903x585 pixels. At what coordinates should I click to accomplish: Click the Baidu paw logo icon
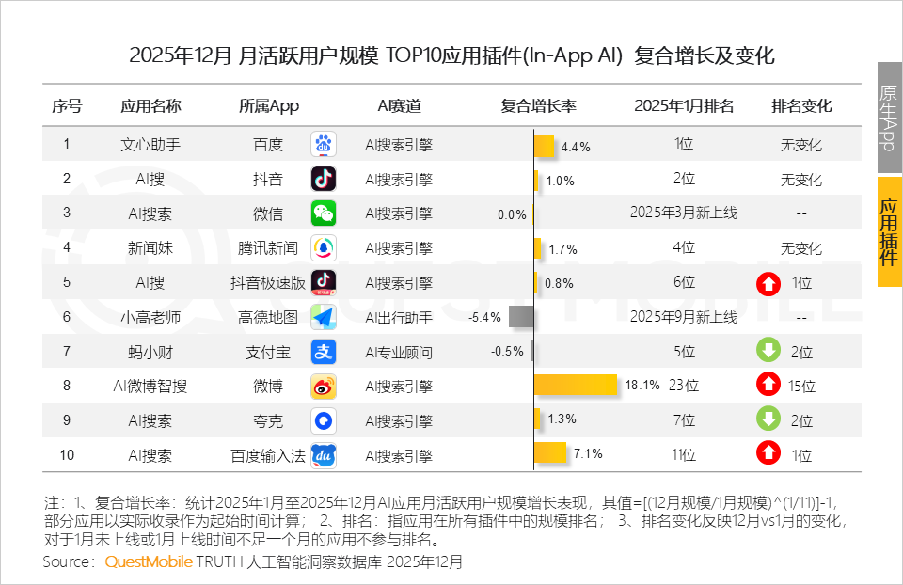click(324, 145)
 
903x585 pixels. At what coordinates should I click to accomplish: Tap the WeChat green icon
click(324, 213)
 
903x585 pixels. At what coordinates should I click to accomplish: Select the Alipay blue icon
click(324, 352)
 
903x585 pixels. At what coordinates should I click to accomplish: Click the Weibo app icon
click(324, 386)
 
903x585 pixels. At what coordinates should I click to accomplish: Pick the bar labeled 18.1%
click(575, 385)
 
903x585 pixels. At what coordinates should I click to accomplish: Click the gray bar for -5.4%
click(521, 317)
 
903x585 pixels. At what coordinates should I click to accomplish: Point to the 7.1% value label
click(588, 454)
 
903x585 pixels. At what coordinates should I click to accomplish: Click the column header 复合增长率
click(538, 106)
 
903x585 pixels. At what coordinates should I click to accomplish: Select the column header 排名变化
click(801, 106)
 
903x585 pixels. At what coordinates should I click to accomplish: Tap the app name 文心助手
click(150, 145)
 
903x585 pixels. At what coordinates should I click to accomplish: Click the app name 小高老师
click(150, 317)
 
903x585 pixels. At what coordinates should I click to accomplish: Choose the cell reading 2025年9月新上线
click(684, 317)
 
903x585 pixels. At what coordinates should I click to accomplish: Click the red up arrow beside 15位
click(768, 385)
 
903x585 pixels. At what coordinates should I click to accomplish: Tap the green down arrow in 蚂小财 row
click(768, 351)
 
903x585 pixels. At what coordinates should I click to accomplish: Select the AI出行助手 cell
click(399, 317)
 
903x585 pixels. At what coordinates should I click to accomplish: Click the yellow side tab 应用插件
click(889, 231)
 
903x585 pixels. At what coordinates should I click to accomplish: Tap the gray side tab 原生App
click(889, 118)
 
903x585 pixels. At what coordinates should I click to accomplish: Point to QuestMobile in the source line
click(149, 561)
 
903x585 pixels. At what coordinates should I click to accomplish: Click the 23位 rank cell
click(684, 385)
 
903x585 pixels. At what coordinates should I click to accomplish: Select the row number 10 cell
click(67, 455)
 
